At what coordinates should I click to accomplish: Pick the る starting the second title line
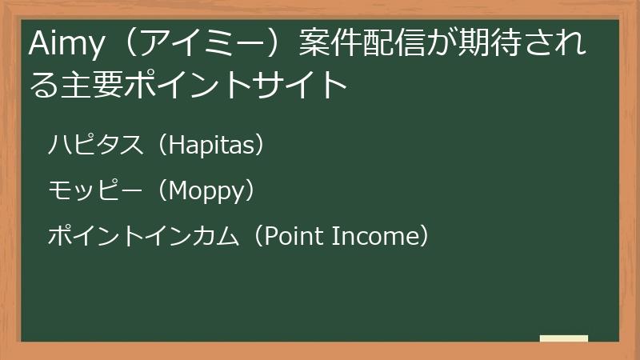point(42,84)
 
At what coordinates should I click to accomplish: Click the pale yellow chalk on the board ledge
point(563,338)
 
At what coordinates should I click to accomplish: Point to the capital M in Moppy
point(180,191)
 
